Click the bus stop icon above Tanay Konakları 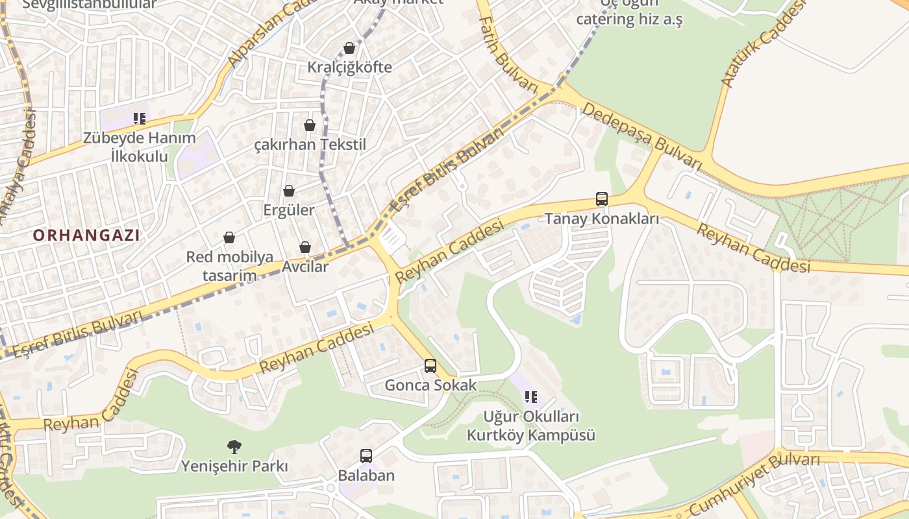pyautogui.click(x=602, y=199)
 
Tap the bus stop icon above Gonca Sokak pyautogui.click(x=430, y=366)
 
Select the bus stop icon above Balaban pyautogui.click(x=366, y=456)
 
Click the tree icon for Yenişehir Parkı pyautogui.click(x=234, y=446)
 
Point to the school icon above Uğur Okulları pyautogui.click(x=531, y=396)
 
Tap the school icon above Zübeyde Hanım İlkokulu pyautogui.click(x=140, y=118)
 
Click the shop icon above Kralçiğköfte pyautogui.click(x=349, y=48)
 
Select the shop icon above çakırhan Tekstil pyautogui.click(x=310, y=125)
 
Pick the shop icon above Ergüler pyautogui.click(x=289, y=191)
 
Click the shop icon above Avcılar pyautogui.click(x=305, y=247)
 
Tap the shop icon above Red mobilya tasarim pyautogui.click(x=229, y=237)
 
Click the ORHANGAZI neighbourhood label pyautogui.click(x=86, y=235)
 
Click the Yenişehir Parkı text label pyautogui.click(x=234, y=466)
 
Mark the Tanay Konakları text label pyautogui.click(x=602, y=219)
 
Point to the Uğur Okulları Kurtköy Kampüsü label pyautogui.click(x=531, y=426)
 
